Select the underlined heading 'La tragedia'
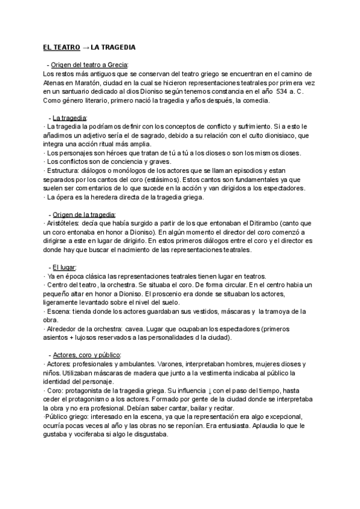[70, 118]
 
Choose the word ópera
[67, 197]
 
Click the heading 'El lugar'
[64, 267]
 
